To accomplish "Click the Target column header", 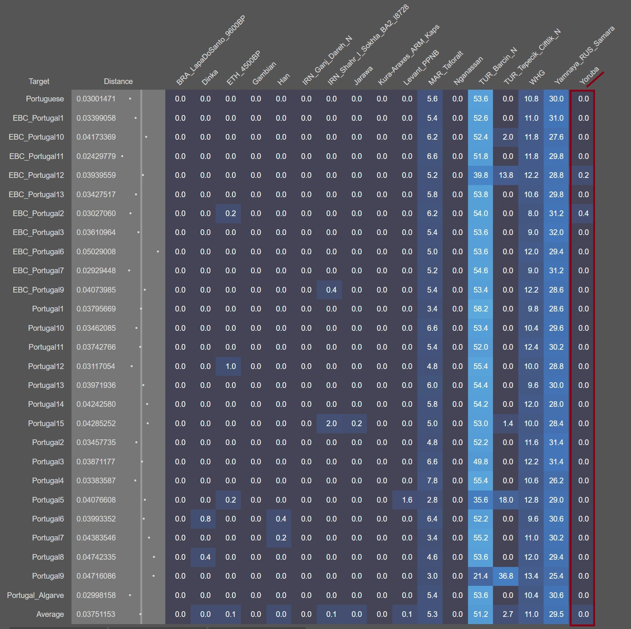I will click(x=39, y=81).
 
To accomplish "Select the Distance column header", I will click(x=118, y=81).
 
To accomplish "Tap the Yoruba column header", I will click(x=589, y=76).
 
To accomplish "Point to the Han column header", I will click(x=283, y=79).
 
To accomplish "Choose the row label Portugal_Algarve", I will click(x=36, y=595).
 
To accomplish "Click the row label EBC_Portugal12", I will click(x=36, y=175).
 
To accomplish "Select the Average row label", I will click(x=50, y=614).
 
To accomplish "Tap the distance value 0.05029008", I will click(x=96, y=252).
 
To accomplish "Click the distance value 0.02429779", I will click(x=96, y=156).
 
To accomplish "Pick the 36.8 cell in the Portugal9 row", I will click(x=506, y=576).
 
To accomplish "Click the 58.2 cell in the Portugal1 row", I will click(x=480, y=309).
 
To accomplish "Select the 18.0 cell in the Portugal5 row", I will click(x=506, y=500).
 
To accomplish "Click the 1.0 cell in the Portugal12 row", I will click(x=230, y=366).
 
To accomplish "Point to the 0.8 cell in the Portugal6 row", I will click(x=205, y=519).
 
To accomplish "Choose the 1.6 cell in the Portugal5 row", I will click(x=407, y=500).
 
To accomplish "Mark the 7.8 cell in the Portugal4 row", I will click(x=432, y=481).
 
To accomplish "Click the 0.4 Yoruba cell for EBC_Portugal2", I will click(x=583, y=213).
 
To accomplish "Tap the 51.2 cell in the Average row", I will click(x=480, y=614).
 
